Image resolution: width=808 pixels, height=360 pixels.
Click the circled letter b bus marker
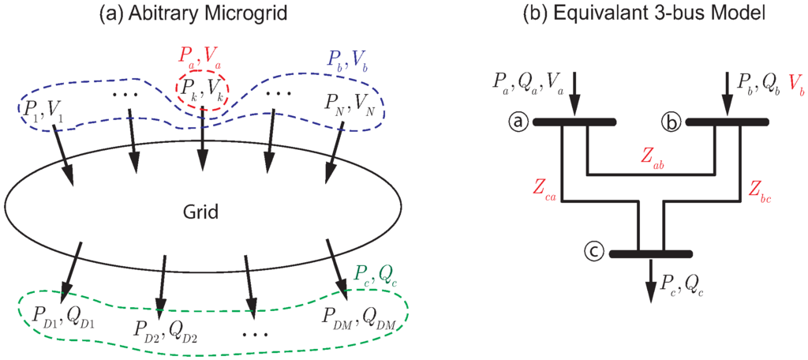(671, 122)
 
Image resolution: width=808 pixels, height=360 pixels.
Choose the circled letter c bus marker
(593, 253)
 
